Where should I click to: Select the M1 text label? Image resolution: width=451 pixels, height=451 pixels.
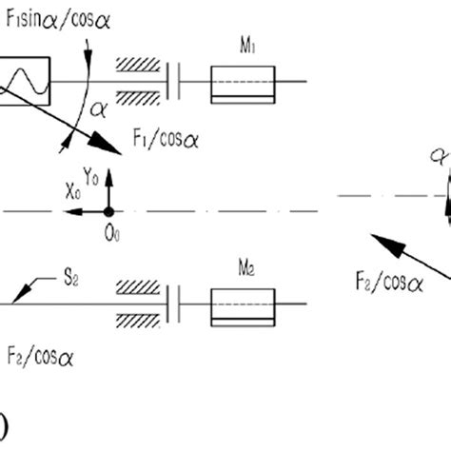point(244,45)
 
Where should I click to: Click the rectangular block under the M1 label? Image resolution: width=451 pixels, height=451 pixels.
point(244,83)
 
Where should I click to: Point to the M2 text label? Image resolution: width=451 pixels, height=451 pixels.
point(244,268)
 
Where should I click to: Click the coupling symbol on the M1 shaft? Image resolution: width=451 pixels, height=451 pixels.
point(173,83)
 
